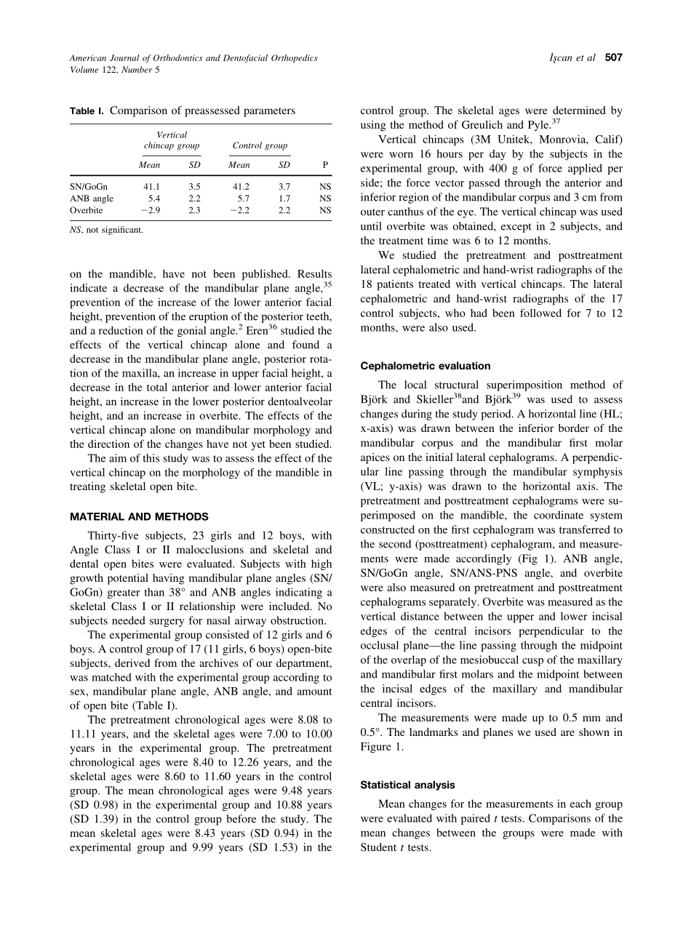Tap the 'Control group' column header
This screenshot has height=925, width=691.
260,145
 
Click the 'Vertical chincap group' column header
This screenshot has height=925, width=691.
172,140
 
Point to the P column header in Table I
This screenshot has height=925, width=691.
325,165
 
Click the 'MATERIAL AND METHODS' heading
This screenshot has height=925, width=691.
139,517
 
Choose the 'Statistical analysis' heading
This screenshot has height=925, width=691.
408,785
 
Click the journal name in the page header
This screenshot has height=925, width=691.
193,58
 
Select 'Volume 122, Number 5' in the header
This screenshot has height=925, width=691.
115,70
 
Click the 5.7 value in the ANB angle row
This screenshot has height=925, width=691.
243,199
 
